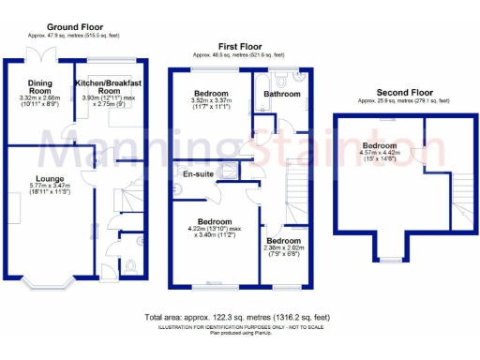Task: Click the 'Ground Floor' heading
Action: pyautogui.click(x=75, y=28)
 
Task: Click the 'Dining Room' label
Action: pyautogui.click(x=39, y=86)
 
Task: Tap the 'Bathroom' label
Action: pyautogui.click(x=280, y=94)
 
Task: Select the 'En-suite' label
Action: pyautogui.click(x=197, y=174)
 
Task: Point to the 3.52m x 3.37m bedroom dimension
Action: pyautogui.click(x=211, y=104)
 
